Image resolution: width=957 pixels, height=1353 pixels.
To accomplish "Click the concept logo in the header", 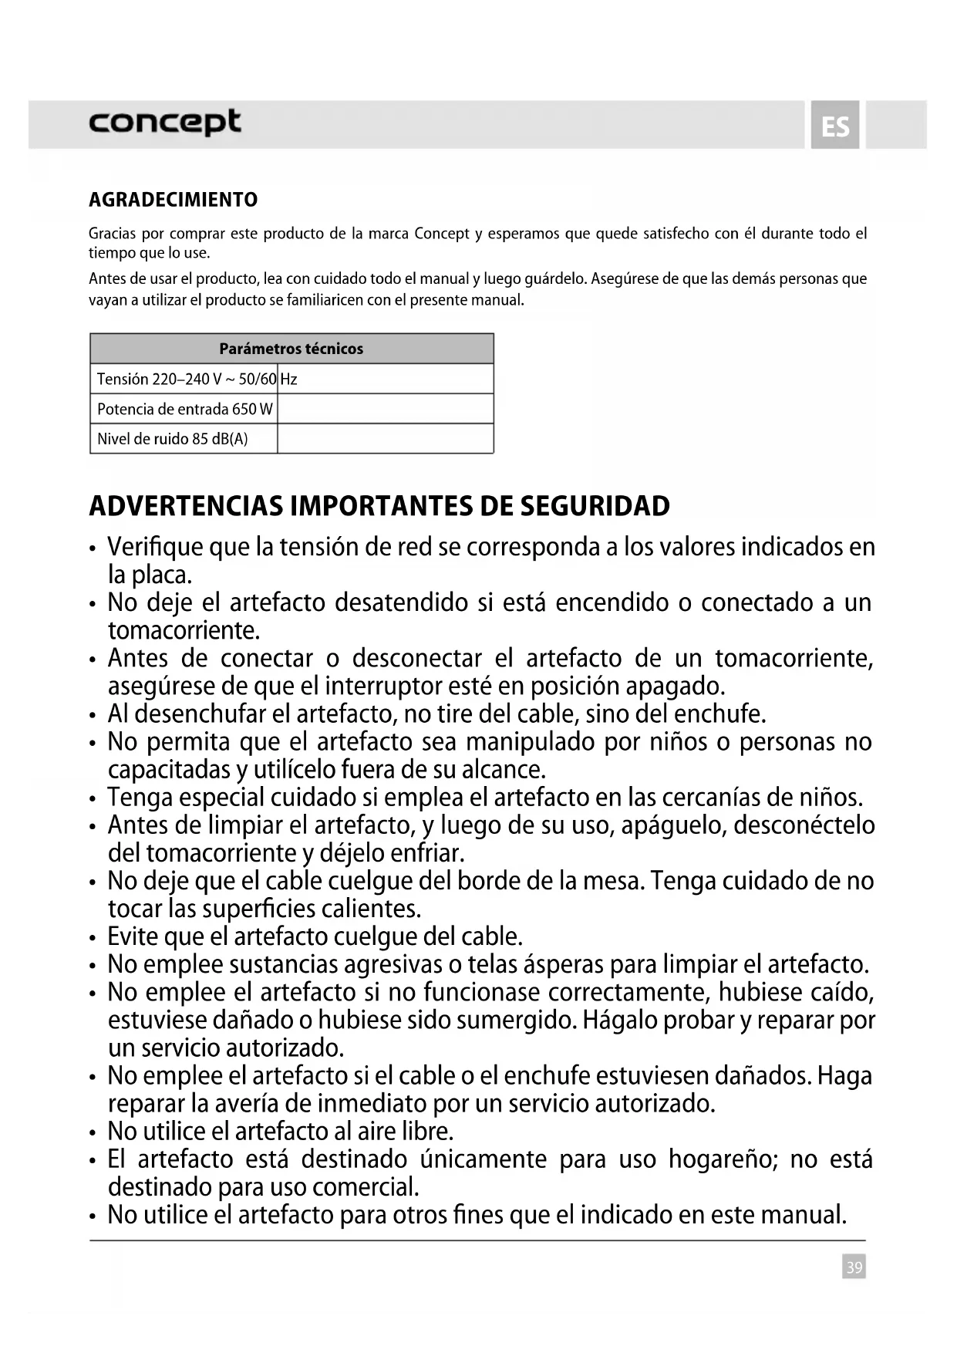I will click(x=164, y=123).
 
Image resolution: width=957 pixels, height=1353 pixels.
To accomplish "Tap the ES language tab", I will click(x=835, y=126).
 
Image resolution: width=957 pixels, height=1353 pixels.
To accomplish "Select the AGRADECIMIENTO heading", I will click(x=174, y=200).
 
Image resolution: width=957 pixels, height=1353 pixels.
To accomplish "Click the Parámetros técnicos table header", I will click(x=291, y=349).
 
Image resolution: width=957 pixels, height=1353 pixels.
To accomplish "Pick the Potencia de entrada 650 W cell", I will click(x=184, y=409).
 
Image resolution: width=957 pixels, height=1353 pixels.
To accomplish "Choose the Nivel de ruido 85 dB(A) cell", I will click(x=173, y=439).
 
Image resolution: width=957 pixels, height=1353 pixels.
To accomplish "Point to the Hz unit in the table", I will click(x=288, y=379).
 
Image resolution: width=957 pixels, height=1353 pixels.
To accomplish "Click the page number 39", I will click(x=854, y=1267).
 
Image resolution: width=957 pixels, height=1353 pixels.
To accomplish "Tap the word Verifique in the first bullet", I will click(x=154, y=547).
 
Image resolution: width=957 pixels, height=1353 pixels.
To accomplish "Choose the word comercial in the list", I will click(x=366, y=1186).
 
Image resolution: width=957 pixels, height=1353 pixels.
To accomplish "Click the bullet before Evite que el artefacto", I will click(x=93, y=938).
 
